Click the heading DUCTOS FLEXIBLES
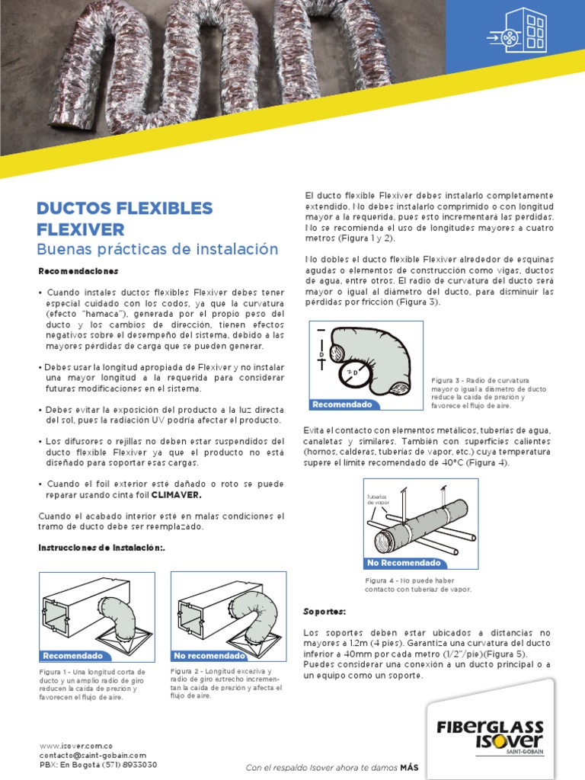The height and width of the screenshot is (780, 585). [x=125, y=208]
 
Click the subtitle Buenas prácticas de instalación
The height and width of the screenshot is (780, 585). [x=158, y=249]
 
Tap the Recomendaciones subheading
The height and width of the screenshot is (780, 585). [x=78, y=271]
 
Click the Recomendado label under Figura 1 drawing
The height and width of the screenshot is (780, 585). [x=72, y=655]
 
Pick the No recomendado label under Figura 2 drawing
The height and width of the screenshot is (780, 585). [x=209, y=655]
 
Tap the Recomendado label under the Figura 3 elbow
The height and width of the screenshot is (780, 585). [x=342, y=404]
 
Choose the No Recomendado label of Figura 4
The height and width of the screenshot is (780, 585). [x=404, y=563]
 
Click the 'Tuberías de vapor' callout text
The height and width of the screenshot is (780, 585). [x=379, y=500]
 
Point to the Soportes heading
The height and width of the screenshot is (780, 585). [x=324, y=611]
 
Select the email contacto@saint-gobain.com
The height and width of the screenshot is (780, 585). [x=92, y=755]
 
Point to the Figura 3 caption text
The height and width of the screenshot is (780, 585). [x=489, y=393]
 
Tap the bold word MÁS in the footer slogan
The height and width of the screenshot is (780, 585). [x=411, y=768]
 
